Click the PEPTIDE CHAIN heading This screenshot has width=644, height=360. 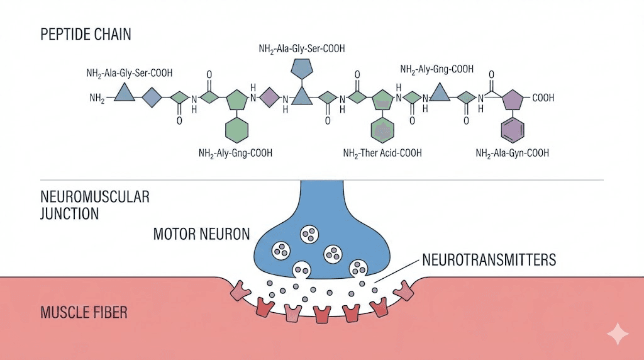86,34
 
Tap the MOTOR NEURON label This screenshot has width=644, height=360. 201,235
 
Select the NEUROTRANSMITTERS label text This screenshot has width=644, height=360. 489,259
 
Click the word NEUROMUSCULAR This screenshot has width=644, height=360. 95,197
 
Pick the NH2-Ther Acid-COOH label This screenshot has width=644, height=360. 382,153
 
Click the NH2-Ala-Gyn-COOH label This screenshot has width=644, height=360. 513,153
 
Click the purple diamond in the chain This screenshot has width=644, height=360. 269,98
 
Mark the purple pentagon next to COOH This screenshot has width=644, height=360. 513,99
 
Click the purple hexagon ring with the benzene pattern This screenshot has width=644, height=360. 513,130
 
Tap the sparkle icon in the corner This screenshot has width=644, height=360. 618,334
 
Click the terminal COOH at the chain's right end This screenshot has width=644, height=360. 544,98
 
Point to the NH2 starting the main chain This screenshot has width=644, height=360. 97,98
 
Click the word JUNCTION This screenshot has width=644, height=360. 69,213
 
